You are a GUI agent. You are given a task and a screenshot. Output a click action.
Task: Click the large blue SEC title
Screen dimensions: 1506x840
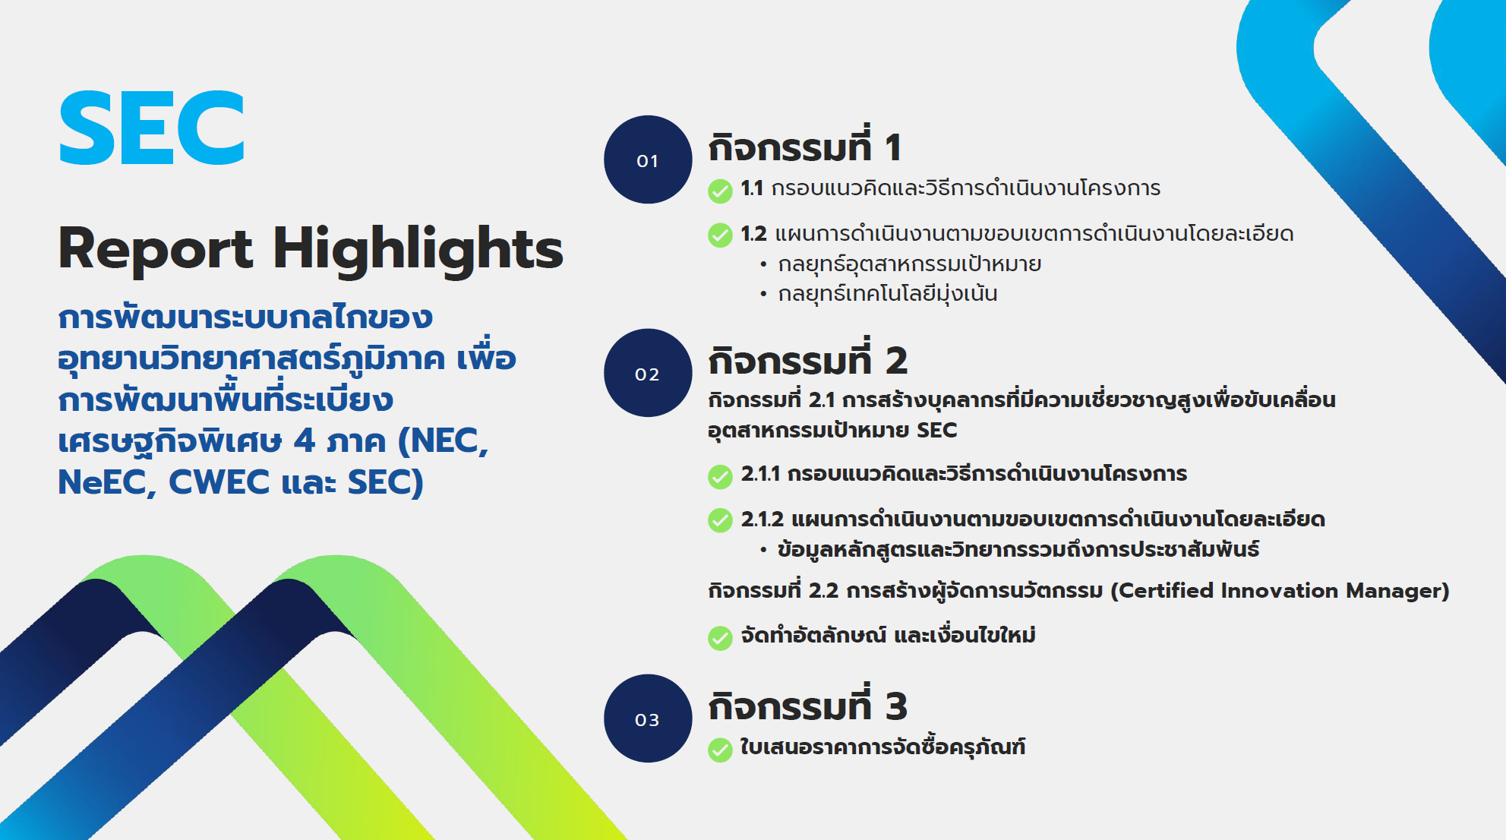pyautogui.click(x=152, y=128)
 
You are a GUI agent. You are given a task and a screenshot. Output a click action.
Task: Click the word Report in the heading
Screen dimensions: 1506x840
pyautogui.click(x=156, y=249)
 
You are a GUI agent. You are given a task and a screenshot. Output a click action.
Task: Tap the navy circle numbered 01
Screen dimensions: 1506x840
pyautogui.click(x=648, y=159)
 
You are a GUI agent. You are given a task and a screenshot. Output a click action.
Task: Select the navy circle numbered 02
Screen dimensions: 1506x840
pyautogui.click(x=648, y=373)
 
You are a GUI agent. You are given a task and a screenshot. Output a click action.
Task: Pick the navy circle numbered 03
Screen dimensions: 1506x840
pyautogui.click(x=648, y=718)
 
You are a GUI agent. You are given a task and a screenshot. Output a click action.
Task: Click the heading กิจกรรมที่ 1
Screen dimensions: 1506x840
pyautogui.click(x=804, y=145)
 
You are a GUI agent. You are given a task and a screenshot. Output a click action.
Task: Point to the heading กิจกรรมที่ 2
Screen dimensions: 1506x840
pyautogui.click(x=807, y=358)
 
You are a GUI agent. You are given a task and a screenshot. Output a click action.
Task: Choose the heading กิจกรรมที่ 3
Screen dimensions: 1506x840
pyautogui.click(x=807, y=704)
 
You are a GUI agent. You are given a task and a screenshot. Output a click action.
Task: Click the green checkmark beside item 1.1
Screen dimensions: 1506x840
pyautogui.click(x=720, y=191)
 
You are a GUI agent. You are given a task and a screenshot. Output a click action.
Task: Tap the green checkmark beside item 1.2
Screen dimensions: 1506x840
pyautogui.click(x=720, y=235)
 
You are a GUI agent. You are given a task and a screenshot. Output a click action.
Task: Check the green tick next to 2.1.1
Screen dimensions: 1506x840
pyautogui.click(x=720, y=476)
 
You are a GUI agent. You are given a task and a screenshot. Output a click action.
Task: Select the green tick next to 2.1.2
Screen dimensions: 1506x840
pyautogui.click(x=720, y=521)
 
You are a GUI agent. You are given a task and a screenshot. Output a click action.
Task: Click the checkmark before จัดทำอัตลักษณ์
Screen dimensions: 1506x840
pyautogui.click(x=720, y=638)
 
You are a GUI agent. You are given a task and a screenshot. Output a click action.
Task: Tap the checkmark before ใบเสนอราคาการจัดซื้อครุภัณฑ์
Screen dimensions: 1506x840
pyautogui.click(x=720, y=750)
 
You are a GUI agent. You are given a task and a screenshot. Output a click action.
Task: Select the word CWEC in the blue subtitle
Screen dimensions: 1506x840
pyautogui.click(x=219, y=482)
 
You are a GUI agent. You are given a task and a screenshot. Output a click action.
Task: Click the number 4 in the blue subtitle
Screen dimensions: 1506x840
pyautogui.click(x=305, y=441)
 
